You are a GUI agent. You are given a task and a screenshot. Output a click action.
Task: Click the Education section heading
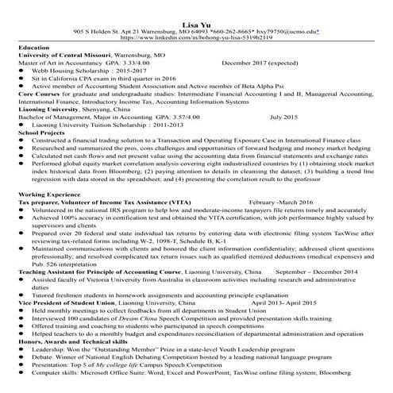click(x=33, y=48)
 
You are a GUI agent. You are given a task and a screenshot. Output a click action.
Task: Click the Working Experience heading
click(x=49, y=194)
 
